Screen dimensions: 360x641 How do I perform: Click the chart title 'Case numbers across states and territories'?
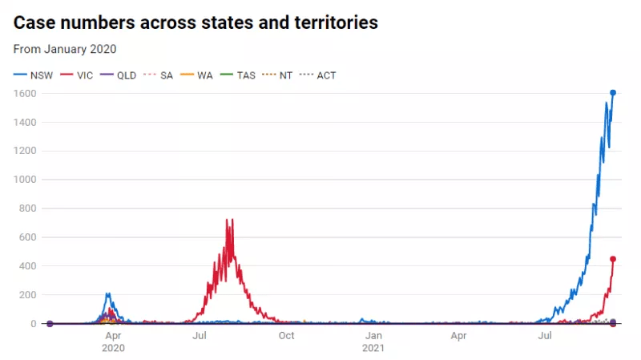click(196, 22)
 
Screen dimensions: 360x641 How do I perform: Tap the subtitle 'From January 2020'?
click(65, 49)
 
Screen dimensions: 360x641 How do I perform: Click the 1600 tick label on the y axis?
click(26, 93)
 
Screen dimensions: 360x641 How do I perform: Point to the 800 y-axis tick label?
click(29, 208)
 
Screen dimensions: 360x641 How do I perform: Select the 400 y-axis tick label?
click(29, 266)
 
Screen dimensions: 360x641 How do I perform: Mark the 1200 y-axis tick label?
click(26, 151)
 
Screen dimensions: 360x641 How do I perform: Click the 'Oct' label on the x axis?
click(286, 336)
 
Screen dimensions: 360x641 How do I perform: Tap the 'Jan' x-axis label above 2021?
click(373, 336)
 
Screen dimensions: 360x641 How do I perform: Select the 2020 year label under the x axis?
click(113, 349)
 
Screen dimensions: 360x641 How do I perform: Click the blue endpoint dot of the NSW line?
click(613, 93)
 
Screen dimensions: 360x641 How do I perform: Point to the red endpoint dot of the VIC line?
click(613, 259)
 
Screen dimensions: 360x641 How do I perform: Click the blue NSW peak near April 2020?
click(107, 293)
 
